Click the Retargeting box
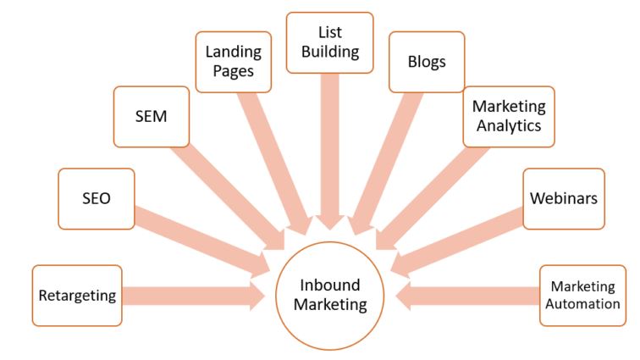(77, 296)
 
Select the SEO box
(97, 198)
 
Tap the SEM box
(152, 116)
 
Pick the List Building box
(329, 42)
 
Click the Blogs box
(427, 62)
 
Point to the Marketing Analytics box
(509, 116)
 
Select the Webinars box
(564, 199)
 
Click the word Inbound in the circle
(330, 285)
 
